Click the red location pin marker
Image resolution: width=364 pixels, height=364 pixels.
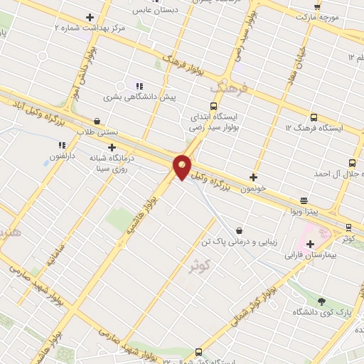tap(183, 166)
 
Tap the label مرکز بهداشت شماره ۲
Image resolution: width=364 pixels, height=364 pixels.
tap(90, 28)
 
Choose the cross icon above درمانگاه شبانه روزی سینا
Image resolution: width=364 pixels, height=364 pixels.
tap(112, 147)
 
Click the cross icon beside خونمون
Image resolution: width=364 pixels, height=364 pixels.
tap(253, 177)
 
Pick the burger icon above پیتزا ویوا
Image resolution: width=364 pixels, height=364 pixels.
tap(304, 200)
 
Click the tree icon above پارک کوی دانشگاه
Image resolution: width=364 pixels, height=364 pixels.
tap(322, 301)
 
